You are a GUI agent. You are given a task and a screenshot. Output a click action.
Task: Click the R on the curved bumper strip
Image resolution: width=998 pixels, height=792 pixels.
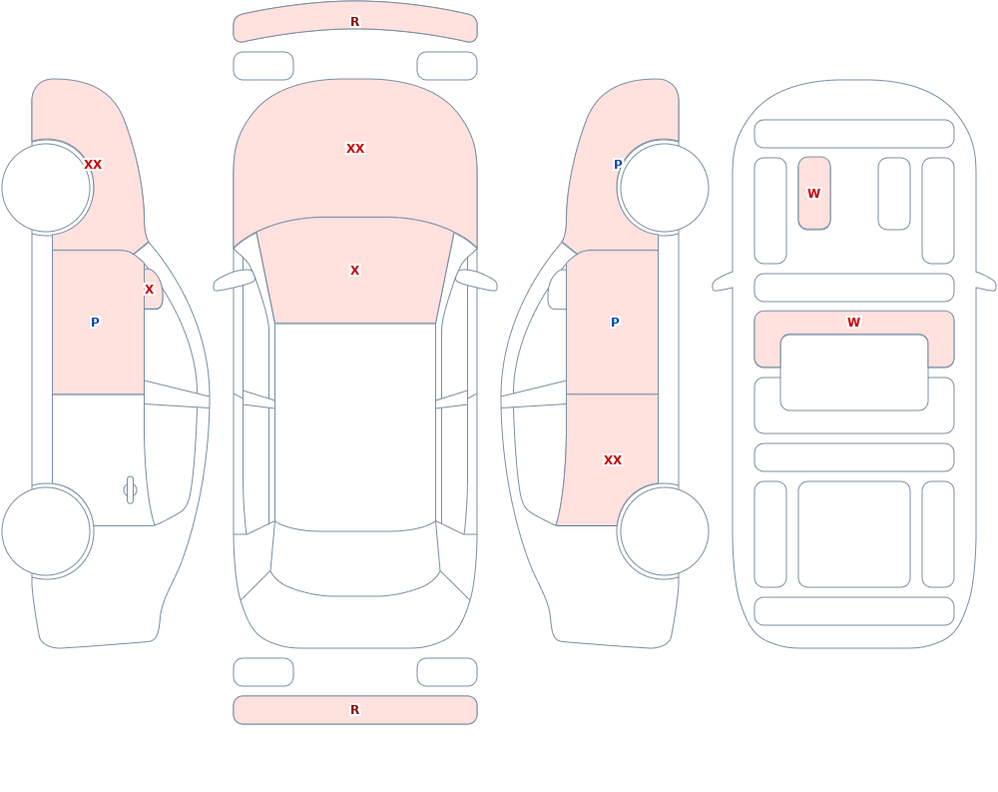[x=354, y=22]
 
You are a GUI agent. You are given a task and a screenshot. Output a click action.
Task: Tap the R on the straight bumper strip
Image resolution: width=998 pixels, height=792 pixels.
[x=354, y=710]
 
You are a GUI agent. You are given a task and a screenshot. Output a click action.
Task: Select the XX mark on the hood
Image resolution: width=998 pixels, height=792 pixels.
[x=355, y=149]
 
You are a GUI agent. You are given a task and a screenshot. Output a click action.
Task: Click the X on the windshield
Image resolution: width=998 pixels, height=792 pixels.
[x=354, y=271]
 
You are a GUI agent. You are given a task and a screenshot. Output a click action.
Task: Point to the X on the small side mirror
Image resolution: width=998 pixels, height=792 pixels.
[x=149, y=290]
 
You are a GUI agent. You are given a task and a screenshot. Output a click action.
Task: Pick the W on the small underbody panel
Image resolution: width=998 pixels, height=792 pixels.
[x=813, y=193]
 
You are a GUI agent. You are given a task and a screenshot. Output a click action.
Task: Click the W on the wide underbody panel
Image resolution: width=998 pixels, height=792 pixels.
[x=853, y=323]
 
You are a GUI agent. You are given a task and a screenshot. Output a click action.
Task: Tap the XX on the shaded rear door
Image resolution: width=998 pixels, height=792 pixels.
[x=613, y=460]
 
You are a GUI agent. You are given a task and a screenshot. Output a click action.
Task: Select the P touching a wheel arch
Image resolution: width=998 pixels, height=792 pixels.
[x=618, y=165]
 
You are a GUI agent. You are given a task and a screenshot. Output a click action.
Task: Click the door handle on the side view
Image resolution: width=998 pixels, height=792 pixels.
[x=130, y=490]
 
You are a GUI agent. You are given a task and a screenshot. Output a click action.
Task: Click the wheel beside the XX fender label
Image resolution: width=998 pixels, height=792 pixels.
[x=47, y=188]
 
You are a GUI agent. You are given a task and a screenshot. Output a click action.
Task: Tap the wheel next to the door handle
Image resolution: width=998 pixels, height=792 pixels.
[x=47, y=530]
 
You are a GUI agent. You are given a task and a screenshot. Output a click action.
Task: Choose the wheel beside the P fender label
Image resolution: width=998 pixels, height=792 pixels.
[x=664, y=188]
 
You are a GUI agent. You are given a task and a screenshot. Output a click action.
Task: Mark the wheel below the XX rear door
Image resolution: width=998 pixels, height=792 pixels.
[x=664, y=530]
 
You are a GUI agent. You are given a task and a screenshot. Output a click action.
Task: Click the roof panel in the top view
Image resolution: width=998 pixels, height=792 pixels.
[x=355, y=425]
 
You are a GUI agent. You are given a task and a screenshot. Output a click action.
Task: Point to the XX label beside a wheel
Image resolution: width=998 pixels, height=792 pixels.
[x=93, y=165]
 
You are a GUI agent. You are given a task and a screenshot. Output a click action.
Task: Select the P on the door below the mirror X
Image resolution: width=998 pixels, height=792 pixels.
[x=95, y=323]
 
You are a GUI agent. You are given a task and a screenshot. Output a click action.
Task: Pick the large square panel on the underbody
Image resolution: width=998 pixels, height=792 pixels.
[x=854, y=534]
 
